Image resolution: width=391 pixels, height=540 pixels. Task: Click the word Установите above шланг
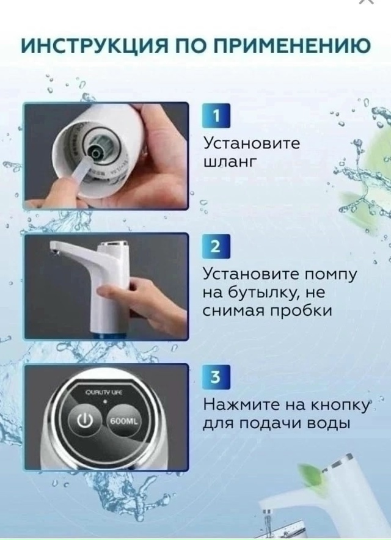coord(251,144)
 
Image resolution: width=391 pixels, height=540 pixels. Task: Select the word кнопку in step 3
coord(339,405)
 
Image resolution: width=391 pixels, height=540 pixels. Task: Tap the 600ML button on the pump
coord(124,421)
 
